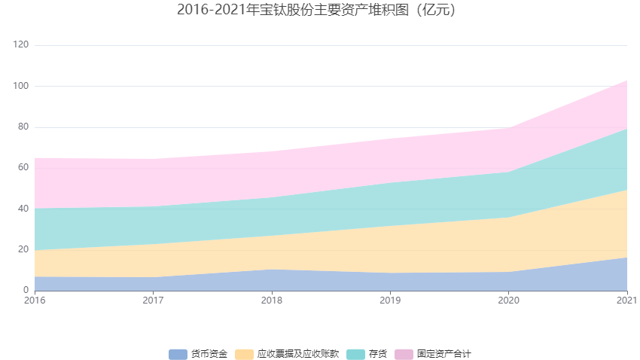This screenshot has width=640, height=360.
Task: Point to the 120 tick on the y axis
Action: coord(21,45)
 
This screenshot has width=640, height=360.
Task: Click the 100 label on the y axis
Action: coord(21,86)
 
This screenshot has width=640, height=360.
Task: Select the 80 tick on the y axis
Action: coord(23,127)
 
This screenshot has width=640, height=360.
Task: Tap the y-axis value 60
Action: coord(23,167)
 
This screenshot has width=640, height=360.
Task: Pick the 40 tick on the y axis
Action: coord(23,209)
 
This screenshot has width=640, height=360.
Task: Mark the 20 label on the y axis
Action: coord(23,249)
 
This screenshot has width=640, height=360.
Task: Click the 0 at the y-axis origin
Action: coord(26,290)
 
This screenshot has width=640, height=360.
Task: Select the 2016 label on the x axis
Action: coord(35,301)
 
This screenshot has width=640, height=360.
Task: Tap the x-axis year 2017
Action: coord(153,301)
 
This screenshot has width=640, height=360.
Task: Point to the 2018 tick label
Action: coord(272,301)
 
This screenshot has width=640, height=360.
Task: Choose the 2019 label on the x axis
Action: coord(390,301)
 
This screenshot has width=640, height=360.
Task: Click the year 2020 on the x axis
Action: coord(508,301)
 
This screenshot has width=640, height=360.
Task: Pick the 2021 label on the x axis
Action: coord(626,301)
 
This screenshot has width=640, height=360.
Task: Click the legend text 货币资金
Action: coord(209,354)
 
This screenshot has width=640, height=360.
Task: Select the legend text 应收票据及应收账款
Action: coord(297,354)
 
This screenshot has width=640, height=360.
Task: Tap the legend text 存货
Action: coord(376,354)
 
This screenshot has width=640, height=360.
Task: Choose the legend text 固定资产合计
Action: coord(443,354)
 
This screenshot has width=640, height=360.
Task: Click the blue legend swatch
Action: coord(178,354)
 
